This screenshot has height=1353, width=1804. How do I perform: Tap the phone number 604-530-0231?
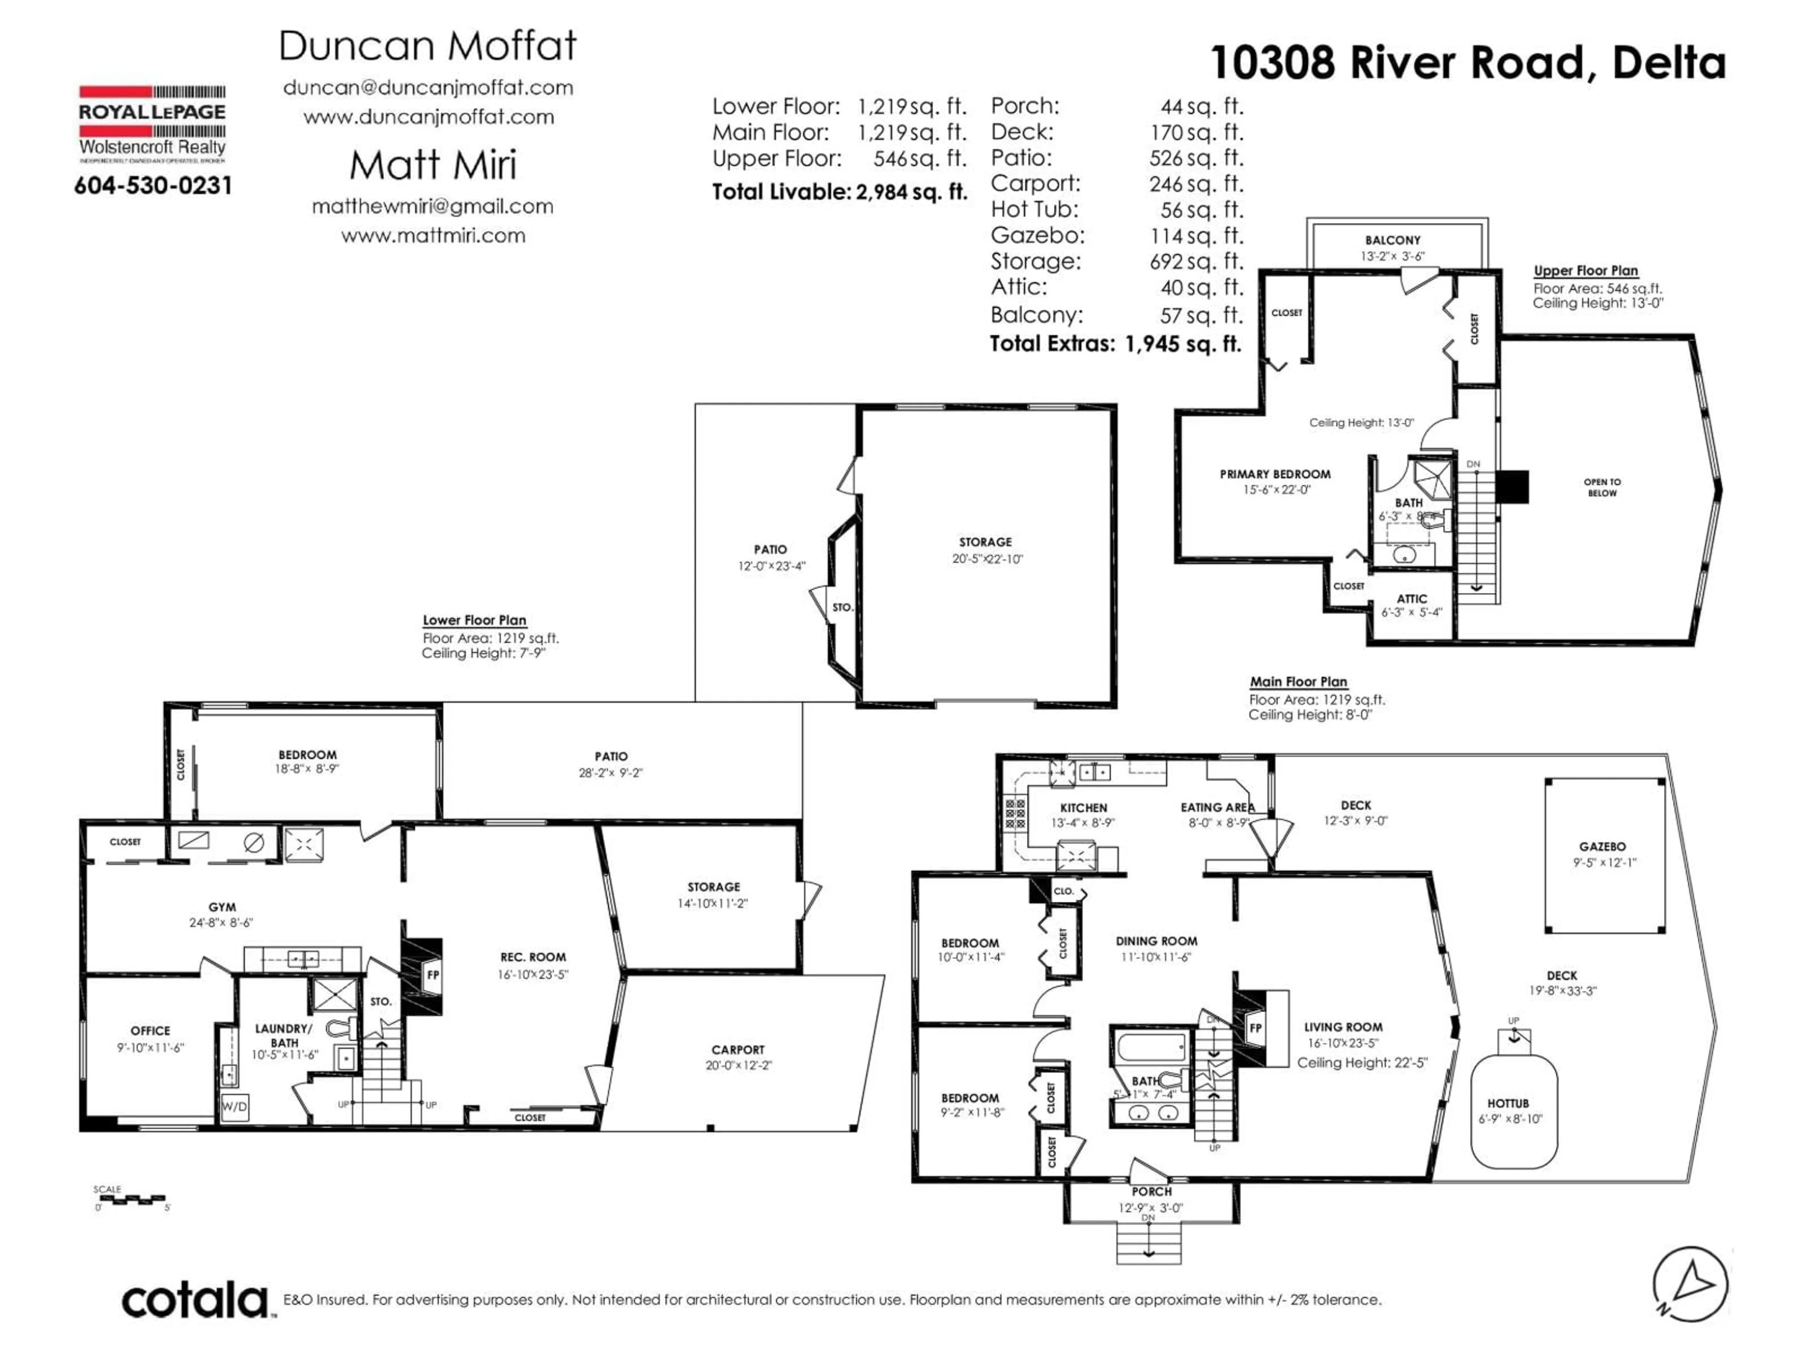(153, 186)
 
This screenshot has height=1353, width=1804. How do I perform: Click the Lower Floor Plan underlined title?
(474, 621)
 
